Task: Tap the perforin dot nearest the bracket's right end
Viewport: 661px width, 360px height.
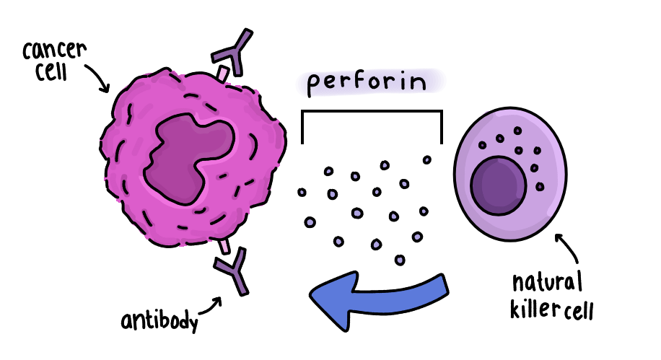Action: coord(427,159)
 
